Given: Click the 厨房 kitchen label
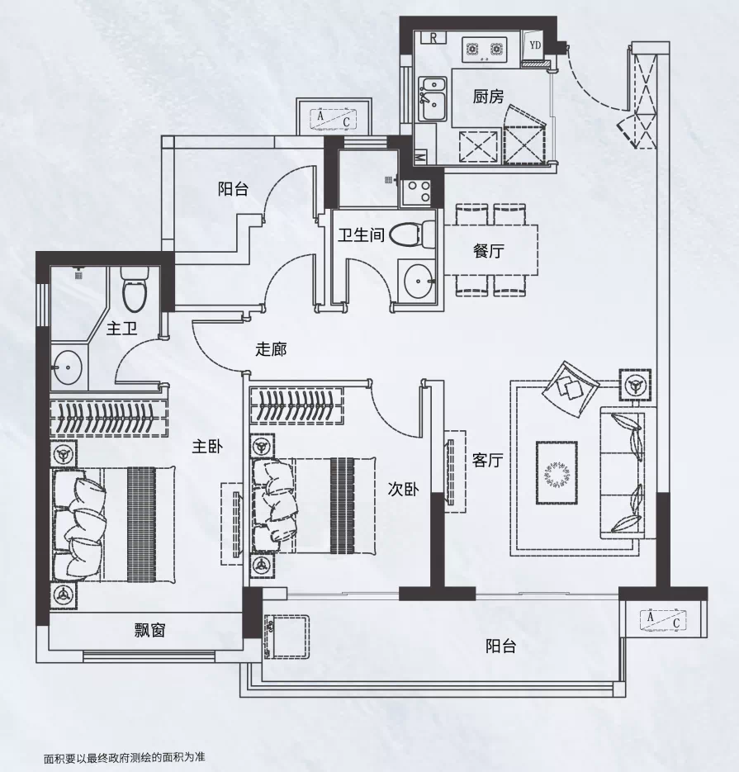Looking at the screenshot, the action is click(x=488, y=97).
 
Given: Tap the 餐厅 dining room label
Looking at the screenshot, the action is click(x=488, y=251).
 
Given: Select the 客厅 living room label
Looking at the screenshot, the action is click(x=487, y=460).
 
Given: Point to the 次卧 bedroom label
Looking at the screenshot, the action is click(x=403, y=489).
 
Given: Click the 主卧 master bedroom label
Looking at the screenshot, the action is click(x=207, y=447).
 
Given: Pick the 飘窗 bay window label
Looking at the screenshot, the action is click(x=149, y=630).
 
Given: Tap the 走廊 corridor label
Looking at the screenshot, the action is click(x=271, y=349).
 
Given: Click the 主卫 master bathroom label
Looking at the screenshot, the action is click(x=121, y=329).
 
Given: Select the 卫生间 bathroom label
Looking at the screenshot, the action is click(x=361, y=234).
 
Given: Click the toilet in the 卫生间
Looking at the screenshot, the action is click(x=412, y=234).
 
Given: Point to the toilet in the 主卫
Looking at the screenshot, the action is click(x=135, y=290).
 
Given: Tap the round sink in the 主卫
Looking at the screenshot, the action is click(x=67, y=367).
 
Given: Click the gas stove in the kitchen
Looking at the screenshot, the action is click(x=485, y=49).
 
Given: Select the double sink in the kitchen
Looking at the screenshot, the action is click(x=433, y=98).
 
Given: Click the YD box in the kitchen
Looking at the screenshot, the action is click(x=535, y=45).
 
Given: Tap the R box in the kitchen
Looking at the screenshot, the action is click(x=433, y=37).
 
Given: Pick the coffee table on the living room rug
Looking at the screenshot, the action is click(x=557, y=472).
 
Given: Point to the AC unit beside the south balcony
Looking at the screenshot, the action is click(x=663, y=620).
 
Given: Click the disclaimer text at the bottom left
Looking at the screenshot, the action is click(x=124, y=758).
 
